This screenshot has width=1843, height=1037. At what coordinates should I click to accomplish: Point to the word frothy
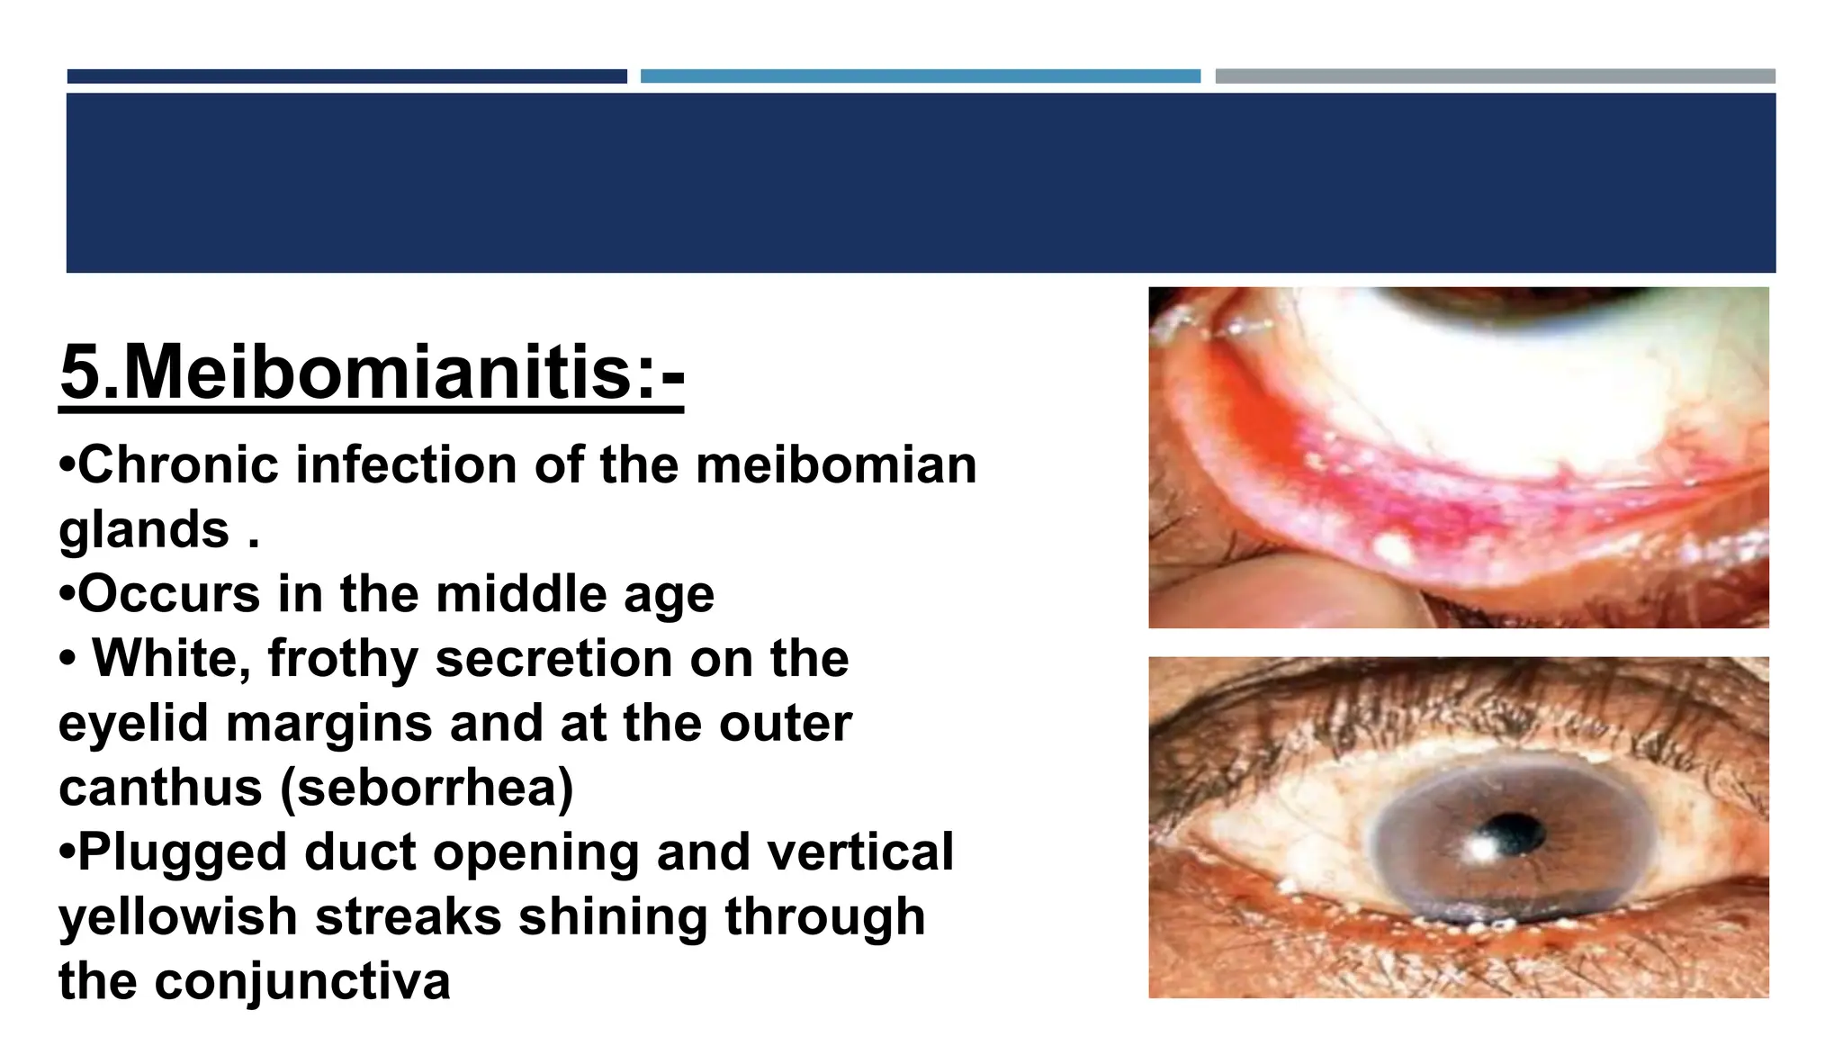click(x=343, y=659)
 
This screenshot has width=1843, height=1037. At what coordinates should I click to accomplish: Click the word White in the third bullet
click(x=170, y=659)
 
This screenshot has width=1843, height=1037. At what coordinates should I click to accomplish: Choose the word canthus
click(x=160, y=788)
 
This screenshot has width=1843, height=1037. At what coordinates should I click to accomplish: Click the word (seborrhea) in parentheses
click(x=427, y=788)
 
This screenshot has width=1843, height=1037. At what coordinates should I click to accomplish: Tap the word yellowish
click(x=178, y=917)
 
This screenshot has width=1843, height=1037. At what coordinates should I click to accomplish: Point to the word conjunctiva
click(x=301, y=981)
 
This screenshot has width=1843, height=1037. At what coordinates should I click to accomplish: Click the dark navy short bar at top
click(x=346, y=77)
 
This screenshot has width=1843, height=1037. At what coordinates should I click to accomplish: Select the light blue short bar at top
click(x=920, y=77)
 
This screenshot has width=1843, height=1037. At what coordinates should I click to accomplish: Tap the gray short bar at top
click(x=1495, y=77)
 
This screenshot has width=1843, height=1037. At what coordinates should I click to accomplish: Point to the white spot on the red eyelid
click(x=1393, y=546)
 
